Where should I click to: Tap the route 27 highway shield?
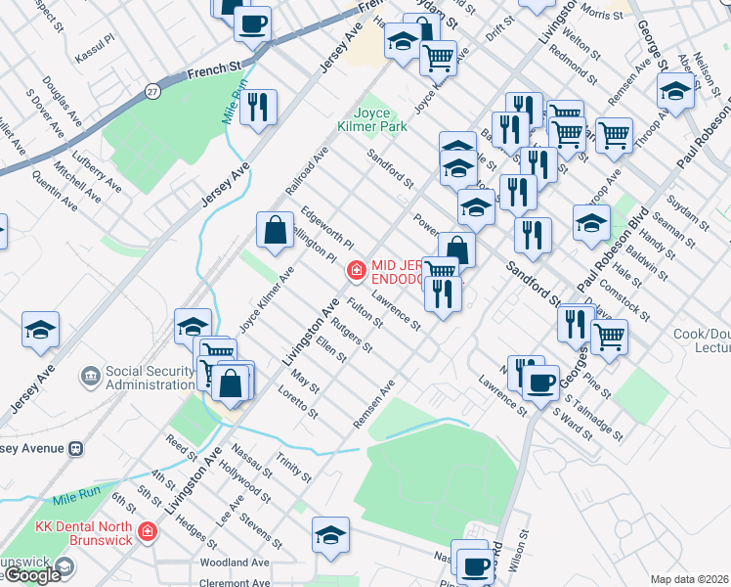click(152, 91)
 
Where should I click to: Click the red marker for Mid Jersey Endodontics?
click(357, 268)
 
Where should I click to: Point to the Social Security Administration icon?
click(91, 376)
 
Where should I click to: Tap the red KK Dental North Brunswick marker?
click(147, 531)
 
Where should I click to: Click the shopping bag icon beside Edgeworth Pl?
click(276, 231)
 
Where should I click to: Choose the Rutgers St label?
click(352, 334)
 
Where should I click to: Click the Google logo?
click(32, 575)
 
